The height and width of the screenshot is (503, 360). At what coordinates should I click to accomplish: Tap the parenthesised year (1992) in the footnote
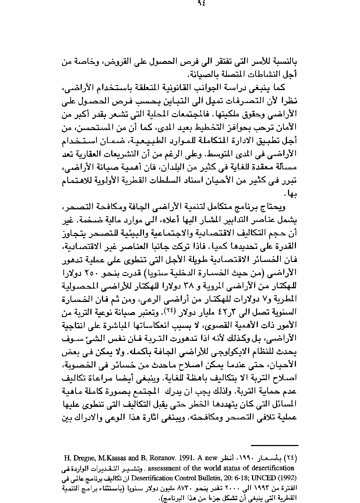287,478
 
